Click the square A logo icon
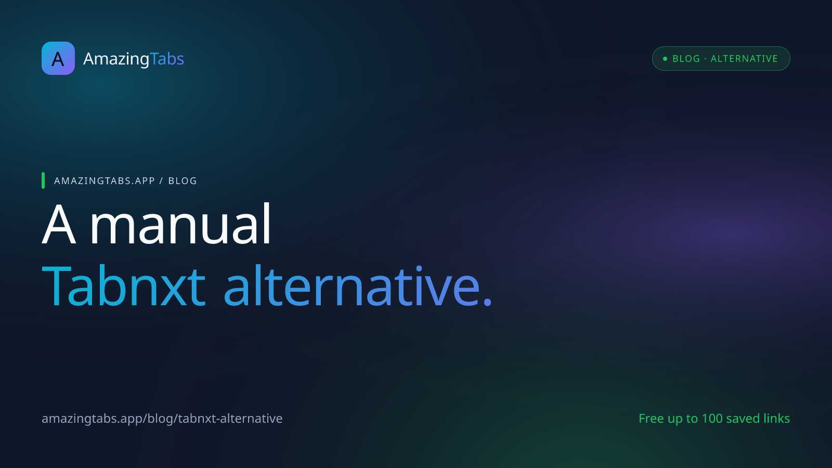tap(58, 58)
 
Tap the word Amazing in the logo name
tap(116, 59)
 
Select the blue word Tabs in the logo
tap(167, 58)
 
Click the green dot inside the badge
tap(665, 59)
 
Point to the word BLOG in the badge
tap(686, 59)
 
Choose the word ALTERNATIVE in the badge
tap(744, 59)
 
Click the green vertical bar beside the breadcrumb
tap(43, 180)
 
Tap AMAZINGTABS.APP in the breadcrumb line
tap(105, 181)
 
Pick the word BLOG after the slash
tap(183, 181)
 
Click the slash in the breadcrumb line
tap(161, 181)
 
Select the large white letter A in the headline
tap(59, 224)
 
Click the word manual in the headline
tap(180, 223)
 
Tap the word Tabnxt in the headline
tap(123, 287)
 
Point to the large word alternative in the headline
tap(352, 287)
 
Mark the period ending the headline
tap(487, 303)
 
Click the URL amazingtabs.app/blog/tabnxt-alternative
tap(162, 419)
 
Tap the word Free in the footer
tap(651, 419)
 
